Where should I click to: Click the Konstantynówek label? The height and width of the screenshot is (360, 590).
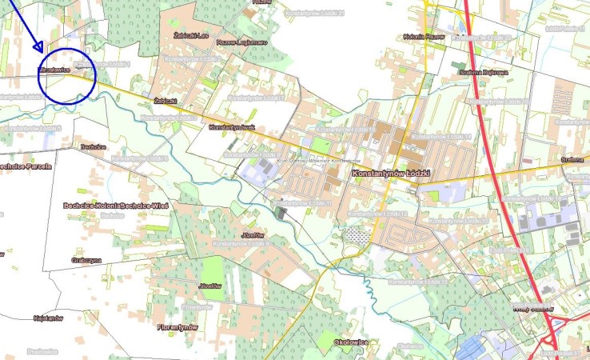(x=230, y=127)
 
